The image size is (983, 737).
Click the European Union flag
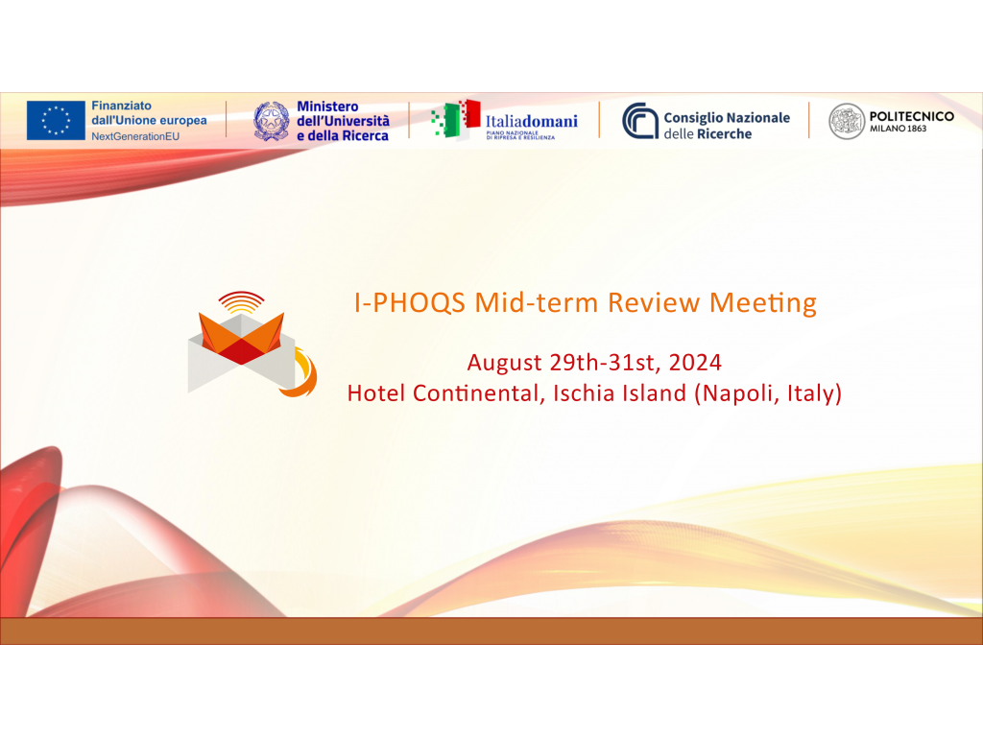[56, 120]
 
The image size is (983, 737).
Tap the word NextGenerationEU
[135, 136]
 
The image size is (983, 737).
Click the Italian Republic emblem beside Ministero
[272, 120]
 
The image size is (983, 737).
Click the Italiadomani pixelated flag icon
[456, 119]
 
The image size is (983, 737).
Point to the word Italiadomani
[532, 121]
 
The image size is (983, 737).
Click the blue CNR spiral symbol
[640, 120]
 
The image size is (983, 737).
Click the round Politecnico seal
[847, 121]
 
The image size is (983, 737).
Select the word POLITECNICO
[912, 116]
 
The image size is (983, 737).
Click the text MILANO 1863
[898, 129]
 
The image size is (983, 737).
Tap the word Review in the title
[654, 303]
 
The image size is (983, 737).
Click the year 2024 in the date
[695, 362]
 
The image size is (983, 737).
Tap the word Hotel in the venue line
[376, 392]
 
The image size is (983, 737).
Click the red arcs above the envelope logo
[241, 301]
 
